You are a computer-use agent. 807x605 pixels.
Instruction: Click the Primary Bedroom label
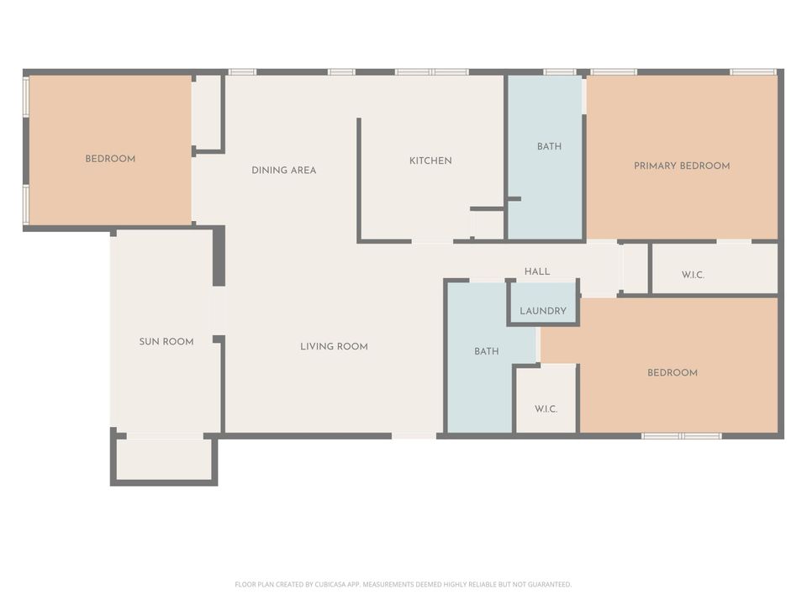(682, 166)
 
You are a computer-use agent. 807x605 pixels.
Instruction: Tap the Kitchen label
(430, 160)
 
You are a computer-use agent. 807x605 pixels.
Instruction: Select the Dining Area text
(284, 170)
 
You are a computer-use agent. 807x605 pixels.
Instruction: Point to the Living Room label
(334, 346)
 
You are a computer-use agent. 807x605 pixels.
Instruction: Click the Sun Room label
(166, 341)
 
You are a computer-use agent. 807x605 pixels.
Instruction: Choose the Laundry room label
(543, 311)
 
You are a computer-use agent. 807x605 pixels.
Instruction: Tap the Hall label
(537, 271)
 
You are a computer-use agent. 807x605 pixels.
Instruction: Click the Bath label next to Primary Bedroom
(549, 146)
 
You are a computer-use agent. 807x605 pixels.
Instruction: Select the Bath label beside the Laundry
(487, 351)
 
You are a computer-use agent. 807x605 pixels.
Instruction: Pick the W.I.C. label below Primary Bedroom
(693, 275)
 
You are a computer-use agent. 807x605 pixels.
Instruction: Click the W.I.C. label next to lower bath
(546, 409)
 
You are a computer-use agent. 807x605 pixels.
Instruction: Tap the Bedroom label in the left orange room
(110, 159)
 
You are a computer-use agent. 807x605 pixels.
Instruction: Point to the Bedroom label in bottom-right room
(672, 372)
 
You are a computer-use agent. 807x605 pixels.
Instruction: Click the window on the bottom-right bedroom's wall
(682, 436)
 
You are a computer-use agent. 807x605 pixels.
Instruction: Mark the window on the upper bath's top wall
(559, 72)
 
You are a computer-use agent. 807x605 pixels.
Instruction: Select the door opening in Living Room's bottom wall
(414, 435)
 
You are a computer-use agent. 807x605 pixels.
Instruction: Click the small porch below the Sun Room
(164, 460)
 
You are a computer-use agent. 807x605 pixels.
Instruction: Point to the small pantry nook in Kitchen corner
(488, 224)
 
